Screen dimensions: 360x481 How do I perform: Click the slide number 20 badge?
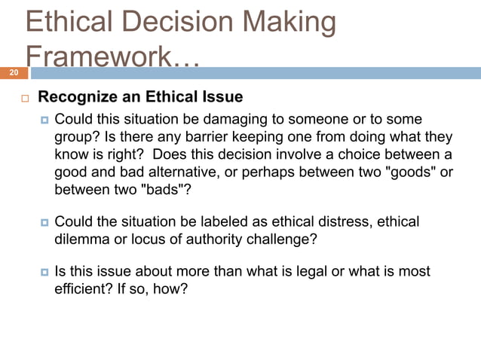click(13, 73)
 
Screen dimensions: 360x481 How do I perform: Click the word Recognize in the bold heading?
click(78, 97)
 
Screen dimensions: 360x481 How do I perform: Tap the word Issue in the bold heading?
click(222, 97)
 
